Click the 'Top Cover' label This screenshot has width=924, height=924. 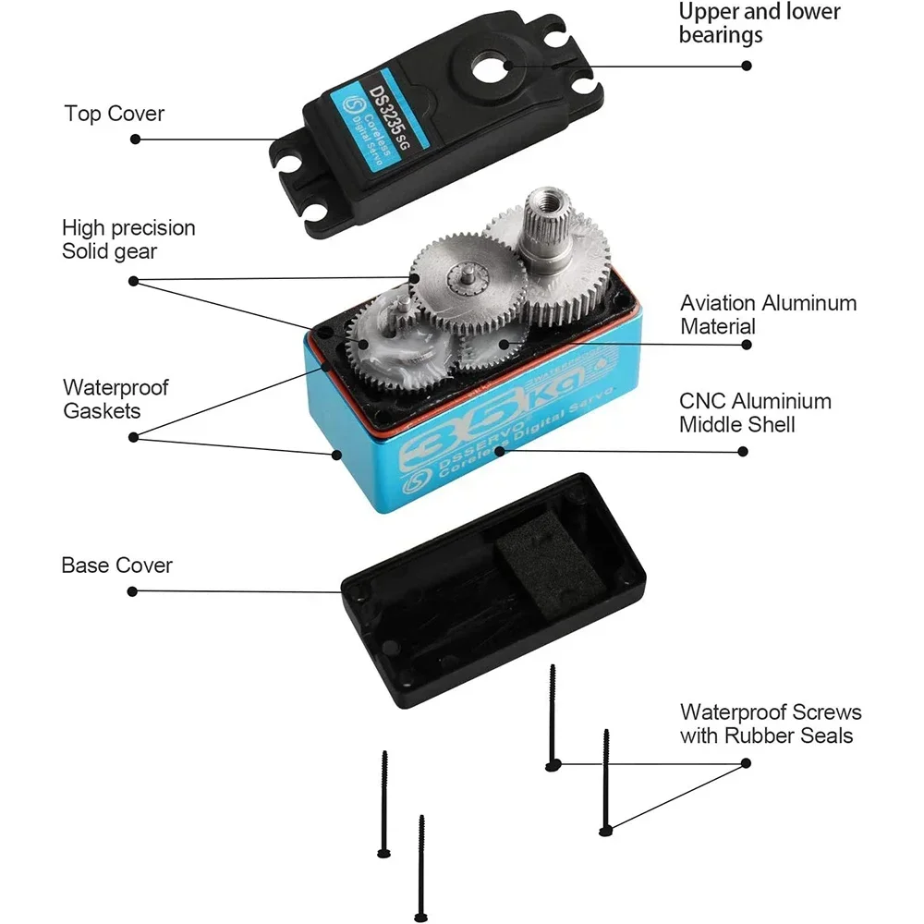[114, 114]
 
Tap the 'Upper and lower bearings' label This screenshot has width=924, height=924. [760, 23]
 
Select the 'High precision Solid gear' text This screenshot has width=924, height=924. [128, 238]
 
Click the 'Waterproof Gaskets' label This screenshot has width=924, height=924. [115, 398]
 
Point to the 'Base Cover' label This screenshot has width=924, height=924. [116, 565]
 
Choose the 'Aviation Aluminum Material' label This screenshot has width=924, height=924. [768, 314]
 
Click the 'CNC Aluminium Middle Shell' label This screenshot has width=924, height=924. [755, 413]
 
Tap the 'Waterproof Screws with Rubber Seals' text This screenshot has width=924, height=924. [771, 723]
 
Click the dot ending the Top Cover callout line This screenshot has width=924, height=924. [135, 140]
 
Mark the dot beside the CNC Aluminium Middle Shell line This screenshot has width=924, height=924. [745, 452]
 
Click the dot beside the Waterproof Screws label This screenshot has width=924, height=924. [745, 764]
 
